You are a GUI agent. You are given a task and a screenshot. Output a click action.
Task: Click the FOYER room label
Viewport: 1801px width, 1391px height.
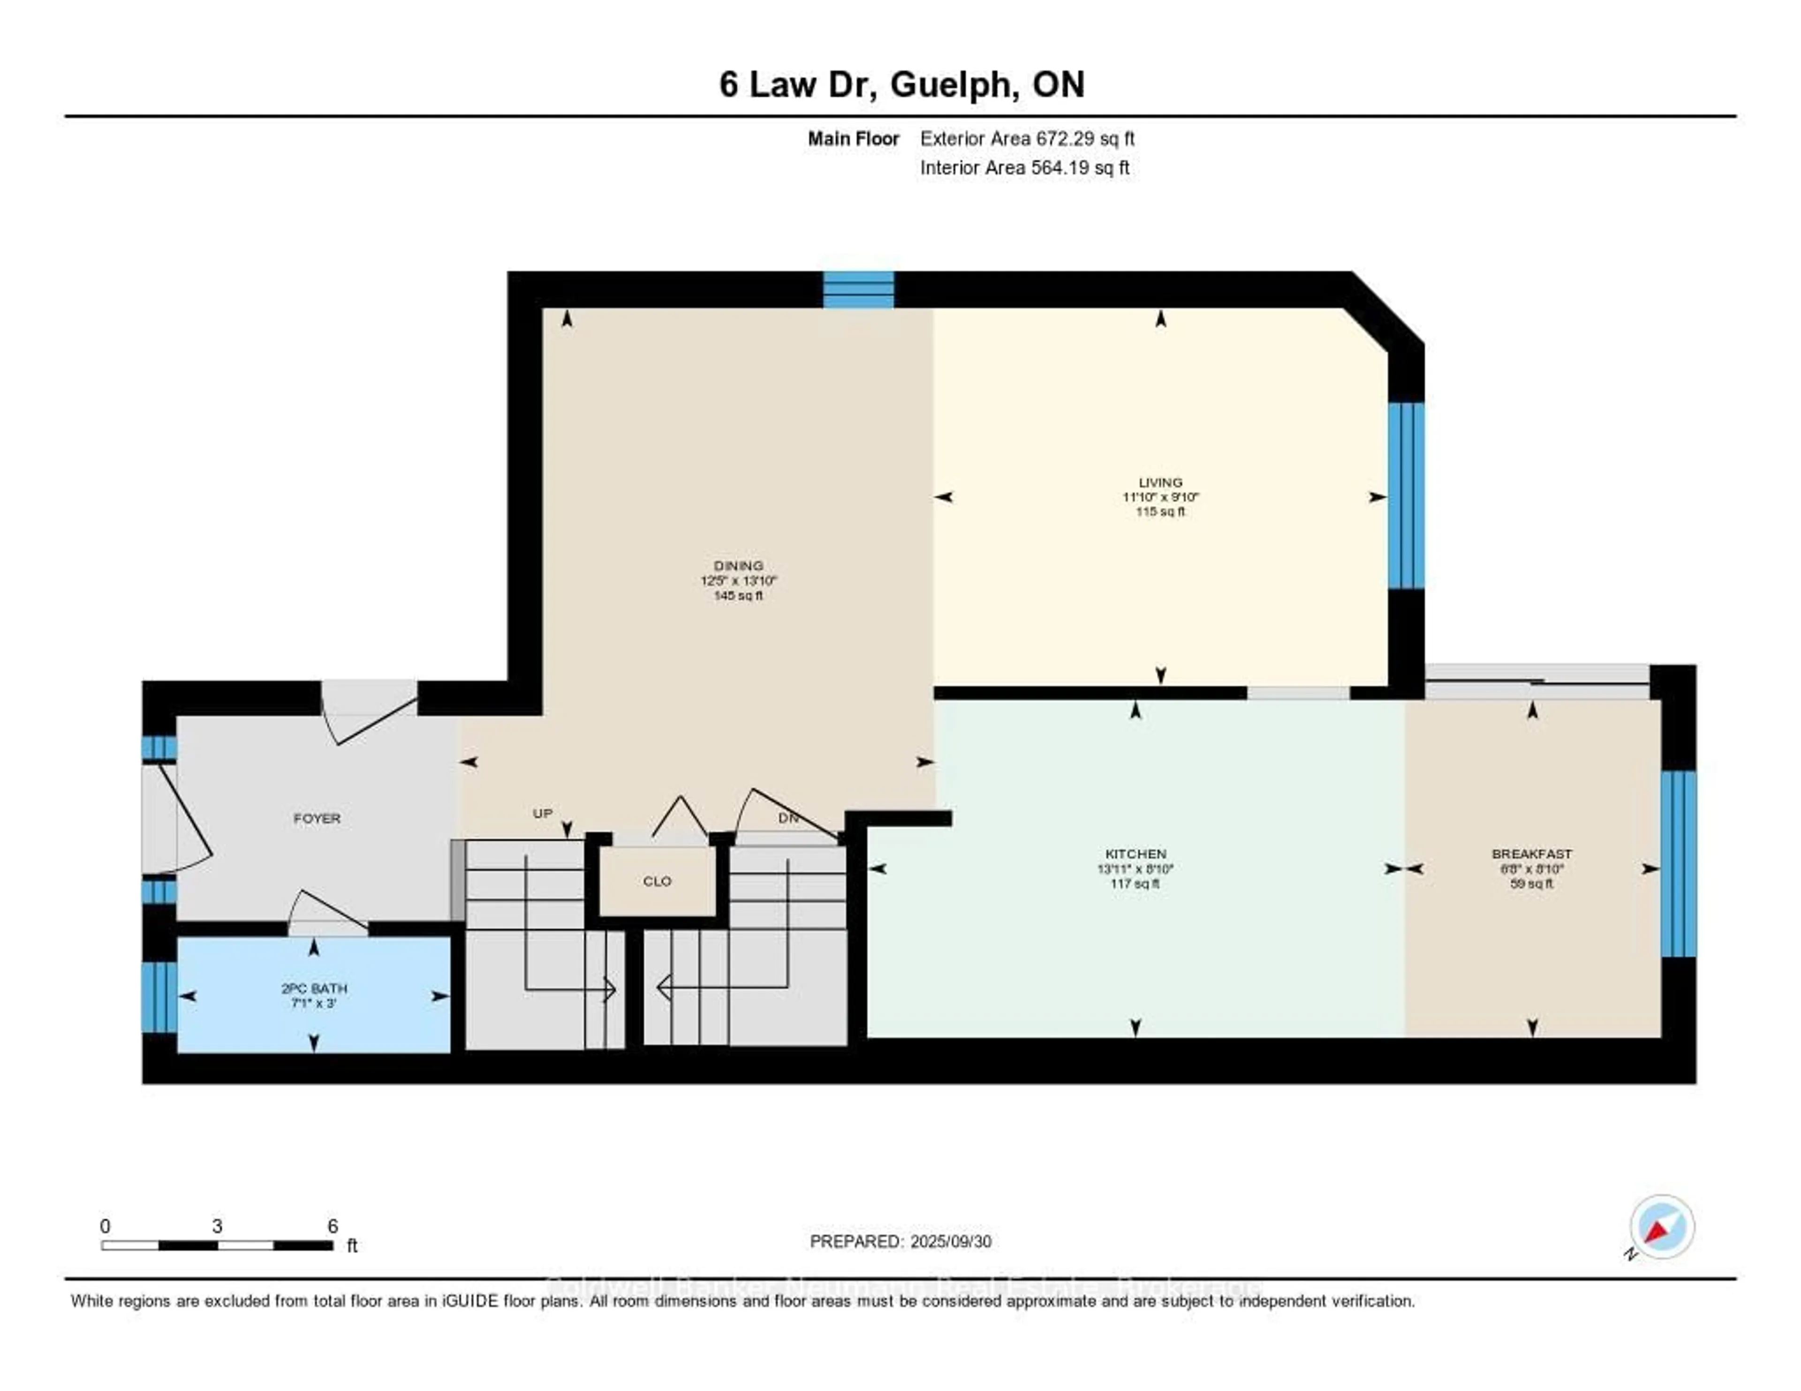tap(317, 818)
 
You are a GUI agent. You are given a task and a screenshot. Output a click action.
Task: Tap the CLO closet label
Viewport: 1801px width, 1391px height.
tap(657, 881)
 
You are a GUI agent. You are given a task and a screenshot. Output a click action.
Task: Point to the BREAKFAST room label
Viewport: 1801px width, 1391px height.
tap(1531, 854)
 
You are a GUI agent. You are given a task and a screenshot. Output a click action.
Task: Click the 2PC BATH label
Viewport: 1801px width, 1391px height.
tap(314, 988)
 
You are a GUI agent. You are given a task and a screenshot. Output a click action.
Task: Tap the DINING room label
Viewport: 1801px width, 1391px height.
tap(738, 566)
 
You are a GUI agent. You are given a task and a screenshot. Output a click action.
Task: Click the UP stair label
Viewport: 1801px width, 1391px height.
tap(542, 813)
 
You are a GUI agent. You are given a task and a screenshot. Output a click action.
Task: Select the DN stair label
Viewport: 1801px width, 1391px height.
tap(787, 818)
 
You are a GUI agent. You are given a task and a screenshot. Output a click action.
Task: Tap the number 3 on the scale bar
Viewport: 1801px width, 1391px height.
tap(217, 1226)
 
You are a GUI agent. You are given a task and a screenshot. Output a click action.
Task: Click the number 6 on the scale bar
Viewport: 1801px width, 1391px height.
tap(333, 1226)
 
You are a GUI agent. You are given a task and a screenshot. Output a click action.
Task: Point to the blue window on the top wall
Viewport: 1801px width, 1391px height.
tap(858, 289)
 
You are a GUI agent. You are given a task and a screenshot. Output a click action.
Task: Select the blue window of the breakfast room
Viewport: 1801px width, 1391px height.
tap(1678, 863)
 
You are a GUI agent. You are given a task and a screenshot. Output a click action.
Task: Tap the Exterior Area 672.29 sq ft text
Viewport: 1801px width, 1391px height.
tap(1027, 138)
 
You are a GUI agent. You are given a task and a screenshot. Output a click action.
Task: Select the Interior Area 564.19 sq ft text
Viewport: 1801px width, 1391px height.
tap(1024, 167)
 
